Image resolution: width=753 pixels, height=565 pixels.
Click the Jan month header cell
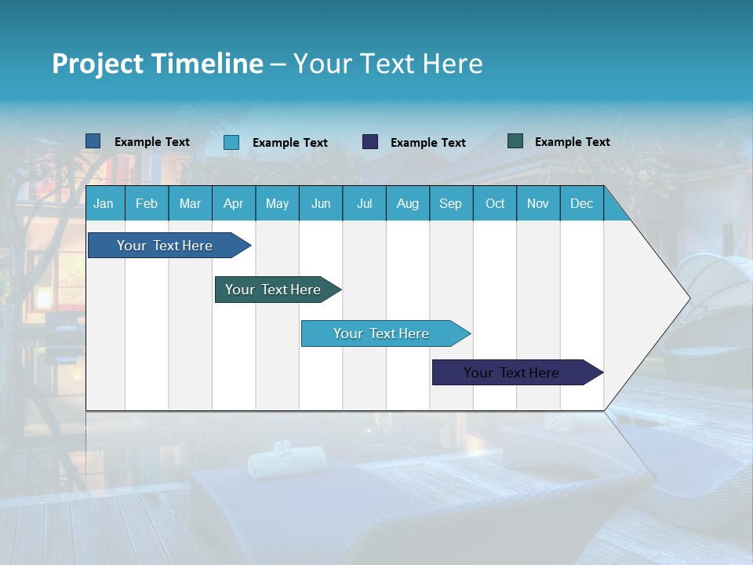tap(104, 203)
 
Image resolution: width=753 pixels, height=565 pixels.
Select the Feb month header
tap(147, 203)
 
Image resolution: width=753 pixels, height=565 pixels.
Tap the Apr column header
tap(233, 203)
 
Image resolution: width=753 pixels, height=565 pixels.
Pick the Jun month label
tap(321, 203)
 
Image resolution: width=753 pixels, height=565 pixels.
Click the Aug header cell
tap(407, 203)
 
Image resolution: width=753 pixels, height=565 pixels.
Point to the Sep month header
tap(450, 203)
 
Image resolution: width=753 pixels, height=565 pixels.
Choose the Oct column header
tap(495, 203)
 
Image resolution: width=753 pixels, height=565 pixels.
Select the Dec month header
tap(581, 203)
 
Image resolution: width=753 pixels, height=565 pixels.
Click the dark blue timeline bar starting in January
tap(165, 246)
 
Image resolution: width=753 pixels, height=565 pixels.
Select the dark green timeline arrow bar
tap(273, 290)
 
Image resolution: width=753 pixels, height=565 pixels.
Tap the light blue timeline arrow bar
tap(381, 334)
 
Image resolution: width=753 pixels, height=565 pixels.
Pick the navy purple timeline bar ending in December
tap(511, 373)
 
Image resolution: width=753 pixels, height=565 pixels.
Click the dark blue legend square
tap(93, 141)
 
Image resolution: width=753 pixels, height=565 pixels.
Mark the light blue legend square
tap(231, 142)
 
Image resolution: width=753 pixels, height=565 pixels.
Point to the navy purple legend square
tap(370, 142)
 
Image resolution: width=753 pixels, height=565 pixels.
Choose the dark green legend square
tap(515, 141)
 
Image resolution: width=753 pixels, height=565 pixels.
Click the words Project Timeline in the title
tap(158, 64)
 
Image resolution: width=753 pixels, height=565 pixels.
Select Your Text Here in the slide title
tap(387, 64)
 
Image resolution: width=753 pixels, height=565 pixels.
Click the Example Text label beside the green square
tap(572, 141)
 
